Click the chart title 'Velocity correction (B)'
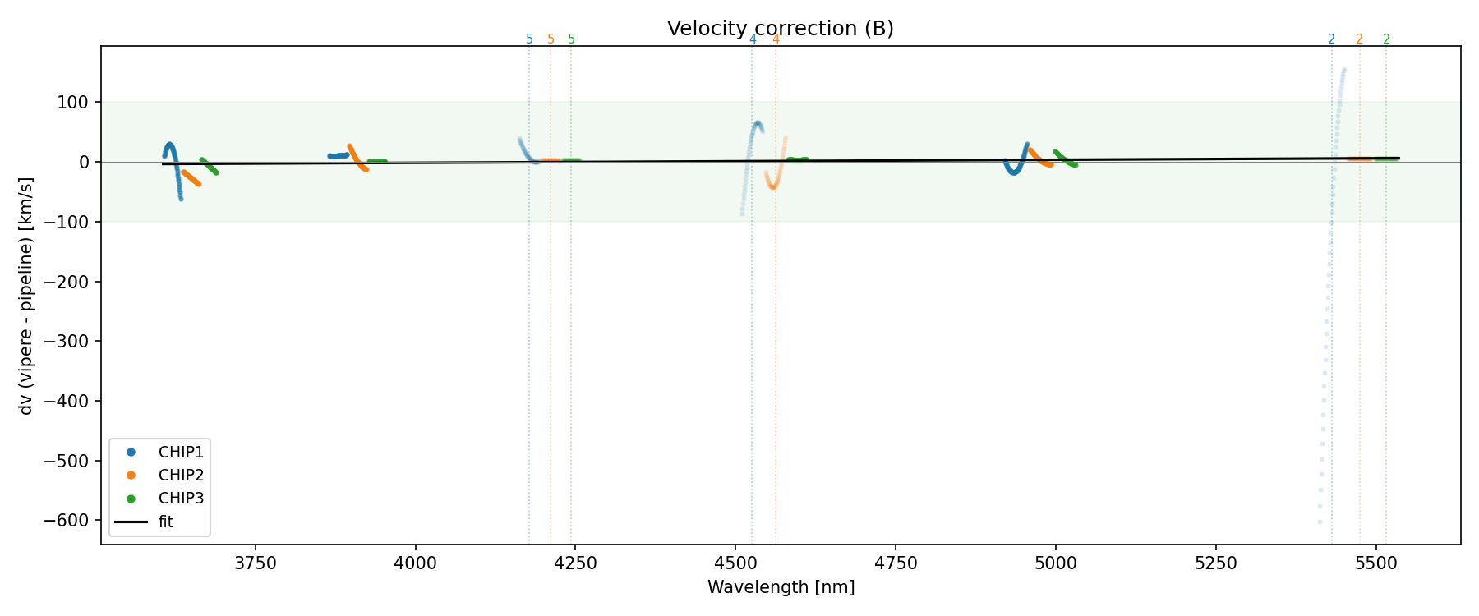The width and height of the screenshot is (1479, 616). [x=780, y=29]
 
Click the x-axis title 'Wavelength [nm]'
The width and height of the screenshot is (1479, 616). [x=781, y=587]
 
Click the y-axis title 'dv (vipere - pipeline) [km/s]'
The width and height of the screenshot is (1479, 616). [x=26, y=296]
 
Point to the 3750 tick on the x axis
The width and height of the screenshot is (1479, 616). [x=256, y=563]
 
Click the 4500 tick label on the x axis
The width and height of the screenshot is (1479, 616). [x=735, y=563]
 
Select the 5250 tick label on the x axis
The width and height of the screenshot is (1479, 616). [x=1215, y=563]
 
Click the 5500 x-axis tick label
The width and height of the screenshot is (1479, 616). [x=1375, y=563]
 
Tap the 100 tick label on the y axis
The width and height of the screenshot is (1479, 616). [x=78, y=103]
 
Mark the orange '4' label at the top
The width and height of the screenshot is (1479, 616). [x=776, y=39]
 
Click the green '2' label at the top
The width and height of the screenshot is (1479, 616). [x=1386, y=39]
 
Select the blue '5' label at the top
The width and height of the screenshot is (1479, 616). [x=529, y=39]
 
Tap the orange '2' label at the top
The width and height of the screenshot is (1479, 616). [x=1359, y=39]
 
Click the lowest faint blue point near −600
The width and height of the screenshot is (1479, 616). [x=1320, y=522]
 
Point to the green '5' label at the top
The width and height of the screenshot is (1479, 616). [x=572, y=39]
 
